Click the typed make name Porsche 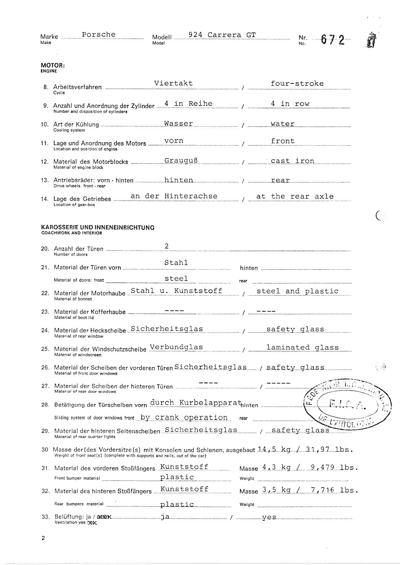coord(98,35)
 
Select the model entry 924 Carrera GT coord(222,35)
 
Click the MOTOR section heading coord(53,65)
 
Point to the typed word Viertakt coord(173,83)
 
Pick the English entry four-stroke coord(297,84)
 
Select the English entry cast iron coord(293,161)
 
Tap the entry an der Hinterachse coord(174,196)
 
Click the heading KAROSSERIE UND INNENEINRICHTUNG coord(98,228)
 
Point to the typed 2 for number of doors coord(167,246)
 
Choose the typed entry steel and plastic coord(297,291)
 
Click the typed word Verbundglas coord(176,347)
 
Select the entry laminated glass coord(303,348)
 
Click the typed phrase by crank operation coord(184,417)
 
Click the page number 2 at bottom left coord(43,538)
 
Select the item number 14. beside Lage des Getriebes coord(45,199)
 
